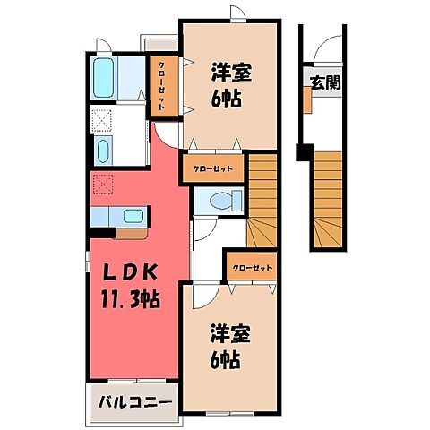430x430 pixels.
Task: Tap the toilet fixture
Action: [227, 199]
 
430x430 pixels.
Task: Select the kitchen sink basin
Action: [134, 216]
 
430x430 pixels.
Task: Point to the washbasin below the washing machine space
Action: [101, 150]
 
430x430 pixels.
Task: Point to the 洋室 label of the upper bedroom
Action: [231, 70]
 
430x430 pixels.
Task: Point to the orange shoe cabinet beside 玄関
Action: [306, 100]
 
